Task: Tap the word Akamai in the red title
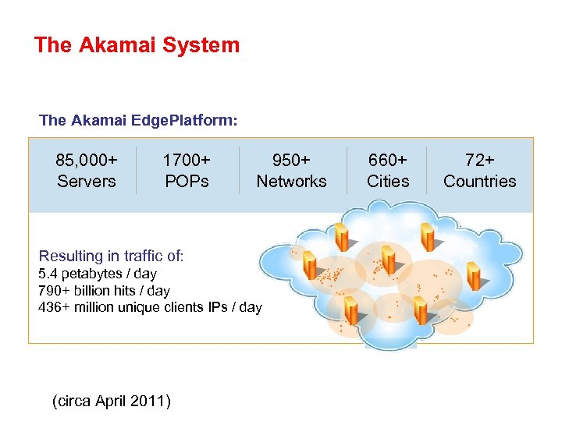tap(116, 45)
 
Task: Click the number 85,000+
tap(87, 160)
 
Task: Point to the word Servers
tap(87, 181)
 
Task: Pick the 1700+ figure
tap(186, 160)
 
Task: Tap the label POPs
tap(186, 181)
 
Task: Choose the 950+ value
tap(291, 160)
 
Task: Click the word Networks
tap(291, 181)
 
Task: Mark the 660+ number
tap(388, 160)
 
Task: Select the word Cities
tap(388, 181)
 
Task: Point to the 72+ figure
tap(479, 160)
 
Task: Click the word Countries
tap(479, 181)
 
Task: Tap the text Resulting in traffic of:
tap(111, 256)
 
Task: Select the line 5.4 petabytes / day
tap(98, 274)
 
